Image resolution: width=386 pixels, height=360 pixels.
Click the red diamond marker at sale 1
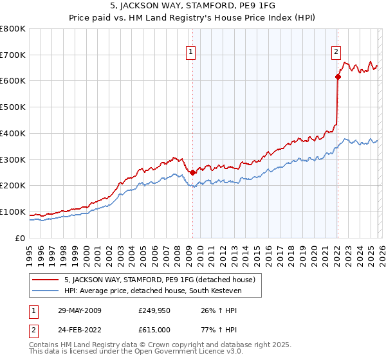coord(192,172)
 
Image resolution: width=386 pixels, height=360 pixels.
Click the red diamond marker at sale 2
coord(338,76)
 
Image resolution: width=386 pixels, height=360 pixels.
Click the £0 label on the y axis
coord(20,238)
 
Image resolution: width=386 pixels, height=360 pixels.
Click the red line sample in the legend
coord(46,280)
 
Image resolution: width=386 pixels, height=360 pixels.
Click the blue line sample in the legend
coord(46,291)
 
